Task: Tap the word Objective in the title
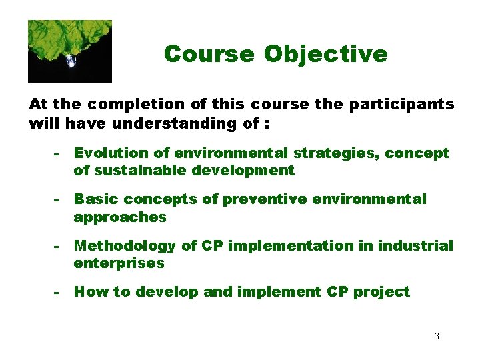point(326,53)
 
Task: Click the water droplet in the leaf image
point(71,61)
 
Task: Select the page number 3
point(437,336)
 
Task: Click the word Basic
point(94,199)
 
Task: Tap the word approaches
point(120,217)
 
